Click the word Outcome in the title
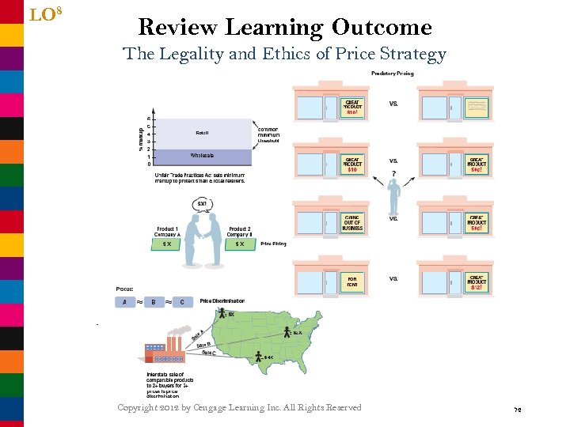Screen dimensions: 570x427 pyautogui.click(x=382, y=28)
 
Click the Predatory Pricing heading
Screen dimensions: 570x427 pyautogui.click(x=392, y=74)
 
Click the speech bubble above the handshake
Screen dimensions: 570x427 pyautogui.click(x=202, y=206)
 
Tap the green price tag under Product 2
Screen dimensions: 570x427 pyautogui.click(x=240, y=244)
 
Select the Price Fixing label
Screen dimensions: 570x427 pyautogui.click(x=273, y=244)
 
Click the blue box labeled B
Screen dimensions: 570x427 pyautogui.click(x=154, y=301)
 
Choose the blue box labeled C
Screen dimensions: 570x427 pyautogui.click(x=183, y=301)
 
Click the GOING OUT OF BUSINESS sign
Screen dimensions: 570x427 pyautogui.click(x=352, y=222)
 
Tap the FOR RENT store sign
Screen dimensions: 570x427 pyautogui.click(x=352, y=282)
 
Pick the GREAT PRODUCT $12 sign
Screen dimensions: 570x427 pyautogui.click(x=477, y=282)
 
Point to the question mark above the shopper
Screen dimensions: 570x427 pyautogui.click(x=393, y=175)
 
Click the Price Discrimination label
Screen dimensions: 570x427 pyautogui.click(x=222, y=301)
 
